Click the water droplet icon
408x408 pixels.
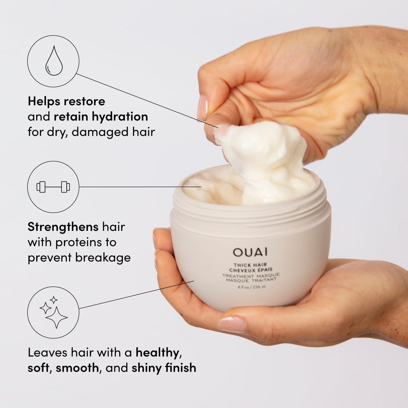[x=53, y=61]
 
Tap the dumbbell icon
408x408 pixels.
[x=53, y=187]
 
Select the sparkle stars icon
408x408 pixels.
[x=53, y=312]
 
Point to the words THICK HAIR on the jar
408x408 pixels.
[x=250, y=265]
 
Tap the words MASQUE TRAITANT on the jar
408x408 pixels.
[x=251, y=280]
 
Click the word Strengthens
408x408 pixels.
[x=63, y=227]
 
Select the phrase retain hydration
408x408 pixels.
[x=101, y=117]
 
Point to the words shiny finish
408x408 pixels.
[x=164, y=368]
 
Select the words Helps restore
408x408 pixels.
[x=66, y=101]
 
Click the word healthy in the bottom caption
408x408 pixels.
[x=157, y=353]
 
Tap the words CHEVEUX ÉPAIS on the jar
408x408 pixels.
[x=250, y=270]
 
